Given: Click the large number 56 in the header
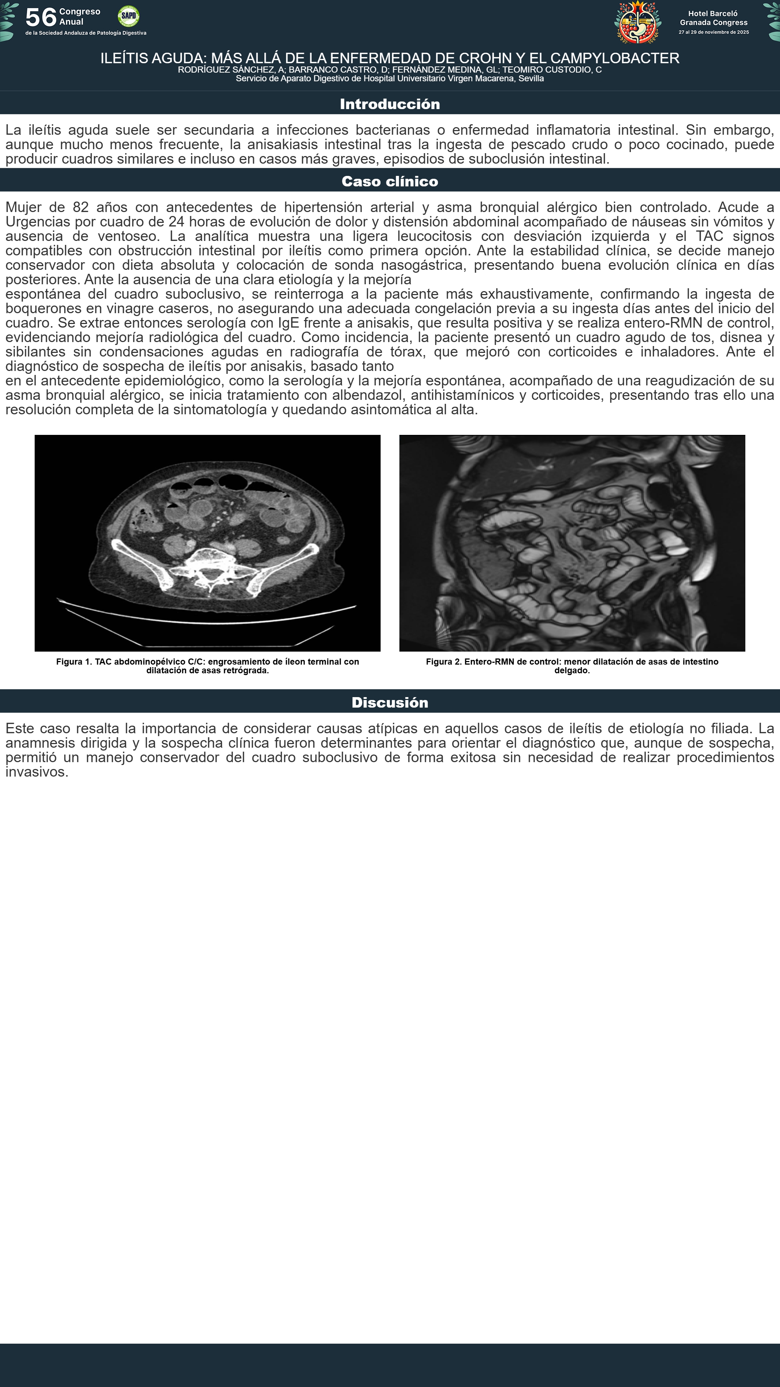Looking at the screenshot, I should pos(41,17).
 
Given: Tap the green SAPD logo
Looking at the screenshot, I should pos(128,16).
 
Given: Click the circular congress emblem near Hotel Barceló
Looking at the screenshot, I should pos(638,23).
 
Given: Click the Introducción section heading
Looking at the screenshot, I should pos(390,104).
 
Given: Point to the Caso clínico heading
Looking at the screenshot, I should pos(390,181).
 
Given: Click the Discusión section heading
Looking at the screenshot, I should pos(390,703).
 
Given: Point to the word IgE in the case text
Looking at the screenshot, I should pos(289,323).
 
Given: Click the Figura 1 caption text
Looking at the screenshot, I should pos(207,666).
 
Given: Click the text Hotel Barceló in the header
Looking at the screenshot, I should pos(713,13).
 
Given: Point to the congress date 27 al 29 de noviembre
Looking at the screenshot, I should pos(713,32).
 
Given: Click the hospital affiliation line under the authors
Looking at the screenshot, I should pos(390,79).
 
